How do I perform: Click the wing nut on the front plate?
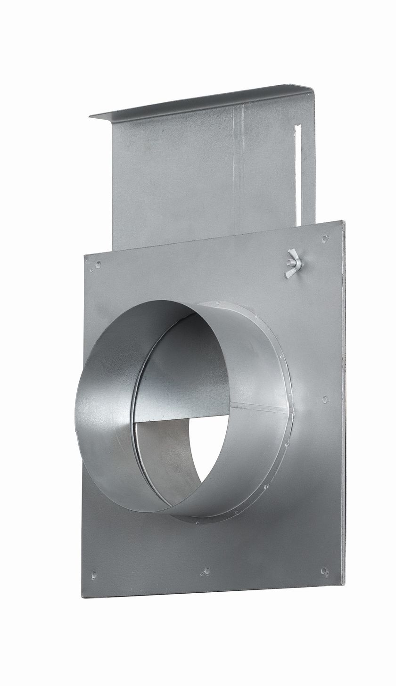click(x=293, y=265)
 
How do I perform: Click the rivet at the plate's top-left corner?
click(x=98, y=264)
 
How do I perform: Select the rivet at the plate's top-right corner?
click(x=325, y=238)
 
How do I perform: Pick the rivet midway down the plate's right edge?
click(x=325, y=399)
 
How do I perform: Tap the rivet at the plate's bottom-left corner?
click(x=94, y=574)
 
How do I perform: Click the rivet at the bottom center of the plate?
click(x=206, y=572)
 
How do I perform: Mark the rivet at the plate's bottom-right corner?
click(x=324, y=571)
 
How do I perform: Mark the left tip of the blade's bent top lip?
click(x=91, y=116)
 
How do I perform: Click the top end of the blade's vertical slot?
click(x=297, y=126)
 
